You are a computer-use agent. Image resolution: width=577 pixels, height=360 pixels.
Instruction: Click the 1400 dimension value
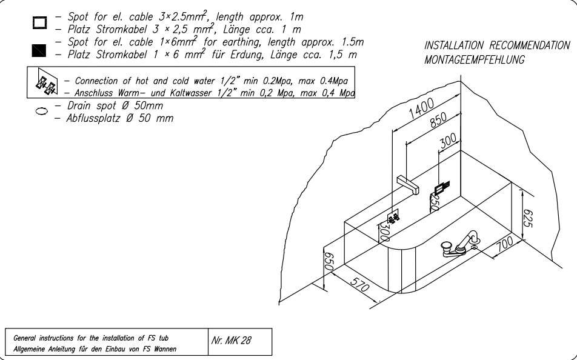pyautogui.click(x=421, y=108)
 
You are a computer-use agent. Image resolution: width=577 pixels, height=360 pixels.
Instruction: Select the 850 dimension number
pyautogui.click(x=439, y=121)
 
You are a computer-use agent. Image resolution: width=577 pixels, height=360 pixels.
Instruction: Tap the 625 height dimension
pyautogui.click(x=527, y=218)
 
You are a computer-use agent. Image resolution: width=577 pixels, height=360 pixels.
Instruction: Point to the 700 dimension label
pyautogui.click(x=504, y=244)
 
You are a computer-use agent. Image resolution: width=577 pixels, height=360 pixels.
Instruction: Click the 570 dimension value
pyautogui.click(x=359, y=284)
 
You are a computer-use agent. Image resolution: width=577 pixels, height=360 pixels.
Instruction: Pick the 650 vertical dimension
pyautogui.click(x=329, y=261)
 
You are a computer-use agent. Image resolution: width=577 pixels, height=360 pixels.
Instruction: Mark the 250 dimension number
pyautogui.click(x=435, y=203)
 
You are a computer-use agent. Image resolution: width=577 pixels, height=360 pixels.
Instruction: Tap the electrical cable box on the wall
pyautogui.click(x=442, y=188)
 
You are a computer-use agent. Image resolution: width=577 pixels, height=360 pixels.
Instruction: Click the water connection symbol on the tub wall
pyautogui.click(x=393, y=218)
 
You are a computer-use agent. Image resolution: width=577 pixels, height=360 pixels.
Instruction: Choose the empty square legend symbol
pyautogui.click(x=39, y=22)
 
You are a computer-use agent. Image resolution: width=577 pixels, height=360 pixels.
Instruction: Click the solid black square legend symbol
pyautogui.click(x=39, y=50)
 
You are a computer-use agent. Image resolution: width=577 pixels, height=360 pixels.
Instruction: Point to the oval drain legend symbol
pyautogui.click(x=41, y=111)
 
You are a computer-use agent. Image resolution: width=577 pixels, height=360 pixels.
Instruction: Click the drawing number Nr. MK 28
pyautogui.click(x=231, y=340)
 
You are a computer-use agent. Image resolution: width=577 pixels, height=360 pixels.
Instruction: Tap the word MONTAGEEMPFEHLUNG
pyautogui.click(x=475, y=59)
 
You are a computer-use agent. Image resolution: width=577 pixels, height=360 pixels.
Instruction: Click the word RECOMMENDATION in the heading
pyautogui.click(x=530, y=45)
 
